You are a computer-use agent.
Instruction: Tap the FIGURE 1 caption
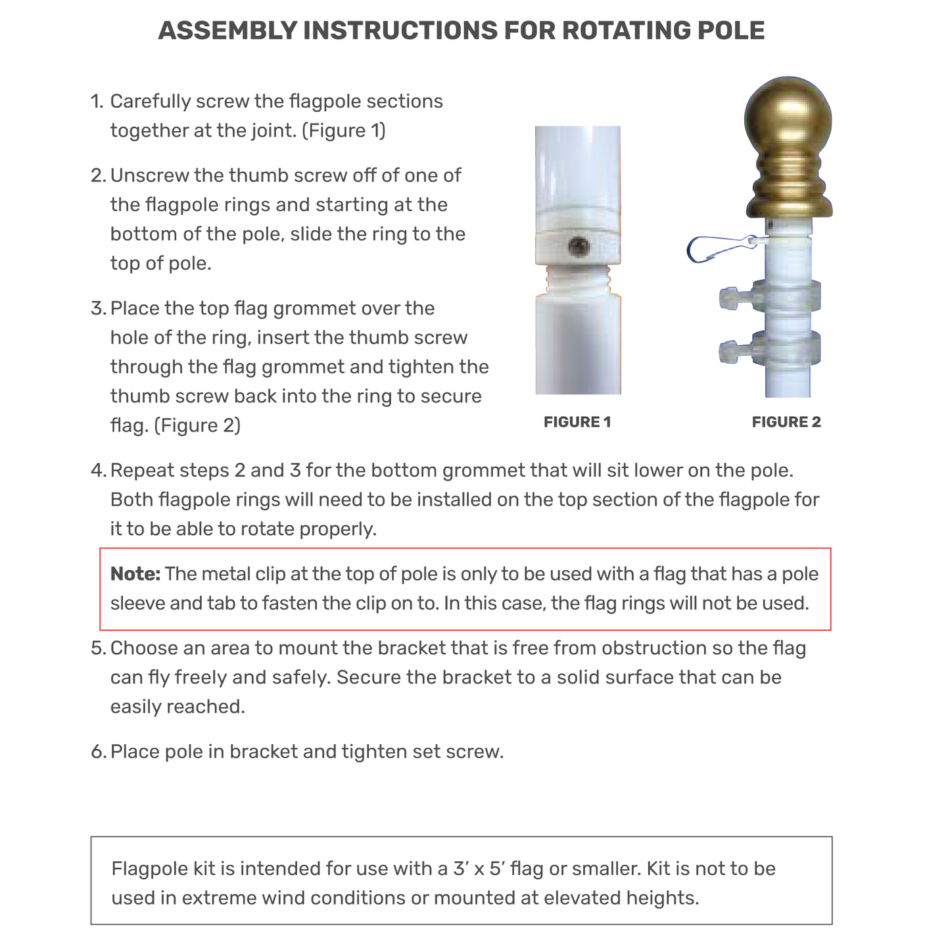(577, 422)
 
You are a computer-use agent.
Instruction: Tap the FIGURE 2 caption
(786, 422)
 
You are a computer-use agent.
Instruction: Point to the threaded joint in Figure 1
(578, 280)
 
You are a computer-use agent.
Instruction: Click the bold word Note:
(135, 574)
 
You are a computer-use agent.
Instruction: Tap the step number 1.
(97, 102)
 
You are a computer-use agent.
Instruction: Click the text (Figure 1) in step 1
(343, 131)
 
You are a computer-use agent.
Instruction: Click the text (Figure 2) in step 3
(197, 426)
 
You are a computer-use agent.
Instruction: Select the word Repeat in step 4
(142, 471)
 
